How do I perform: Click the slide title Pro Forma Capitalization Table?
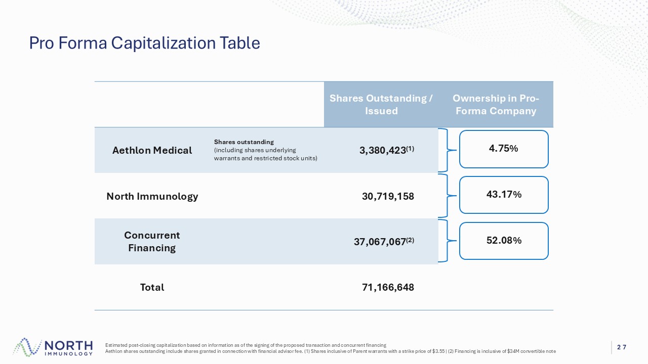145,43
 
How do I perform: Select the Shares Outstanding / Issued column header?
381,104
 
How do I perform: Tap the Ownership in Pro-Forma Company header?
496,104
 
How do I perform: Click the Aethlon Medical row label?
152,150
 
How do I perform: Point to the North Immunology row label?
152,197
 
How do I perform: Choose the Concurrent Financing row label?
152,242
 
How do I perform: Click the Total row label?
152,287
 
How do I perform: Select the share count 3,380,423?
382,150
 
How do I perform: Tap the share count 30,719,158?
388,197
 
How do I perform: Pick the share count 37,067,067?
380,242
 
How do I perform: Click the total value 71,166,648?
388,287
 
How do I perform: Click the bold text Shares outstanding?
244,142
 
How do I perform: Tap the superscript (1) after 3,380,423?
410,149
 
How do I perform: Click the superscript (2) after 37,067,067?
410,240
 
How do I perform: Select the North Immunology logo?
53,347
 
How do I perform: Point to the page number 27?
622,347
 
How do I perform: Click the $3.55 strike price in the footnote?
438,351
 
